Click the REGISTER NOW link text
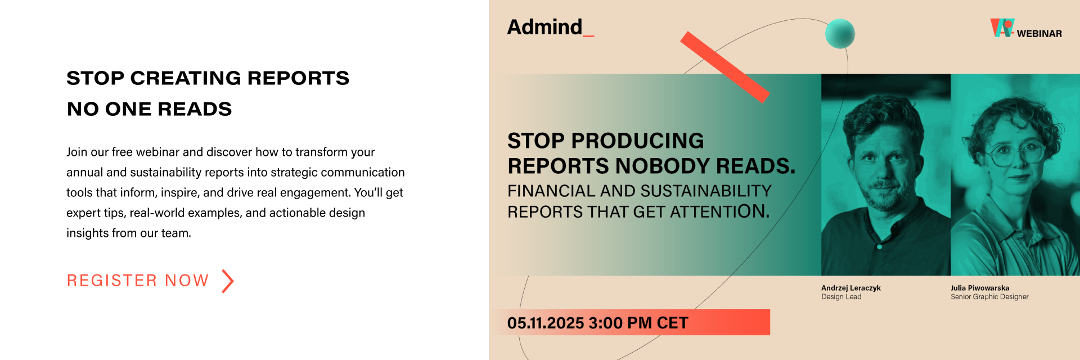[x=138, y=280]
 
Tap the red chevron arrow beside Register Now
[x=227, y=281]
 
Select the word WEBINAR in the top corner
[x=1039, y=34]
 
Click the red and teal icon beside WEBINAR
[x=1002, y=28]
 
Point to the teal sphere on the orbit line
[x=840, y=34]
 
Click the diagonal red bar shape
[x=724, y=67]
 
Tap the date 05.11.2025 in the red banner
[x=546, y=323]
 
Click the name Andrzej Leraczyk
[x=850, y=288]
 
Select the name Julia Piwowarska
[x=980, y=288]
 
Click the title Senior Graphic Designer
[x=989, y=297]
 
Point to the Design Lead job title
[x=841, y=297]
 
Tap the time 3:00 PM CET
[x=638, y=323]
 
